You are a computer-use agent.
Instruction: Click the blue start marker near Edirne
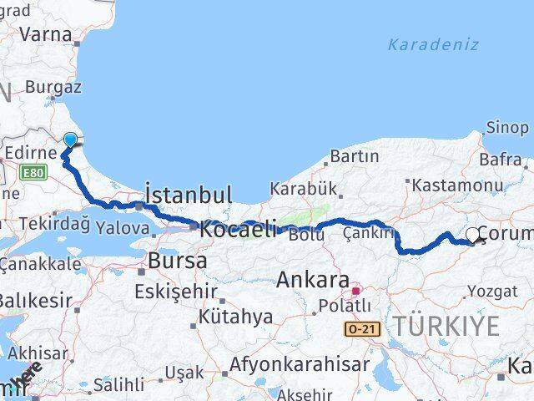tap(70, 140)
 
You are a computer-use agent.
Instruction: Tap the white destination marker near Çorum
tap(473, 236)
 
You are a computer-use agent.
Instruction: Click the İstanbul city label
tap(189, 195)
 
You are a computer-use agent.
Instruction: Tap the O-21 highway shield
tap(365, 330)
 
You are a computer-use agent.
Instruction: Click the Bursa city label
tap(177, 261)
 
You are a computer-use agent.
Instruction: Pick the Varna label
tap(45, 34)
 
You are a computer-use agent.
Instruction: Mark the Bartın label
tap(354, 156)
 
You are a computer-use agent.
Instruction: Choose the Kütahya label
tap(235, 317)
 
